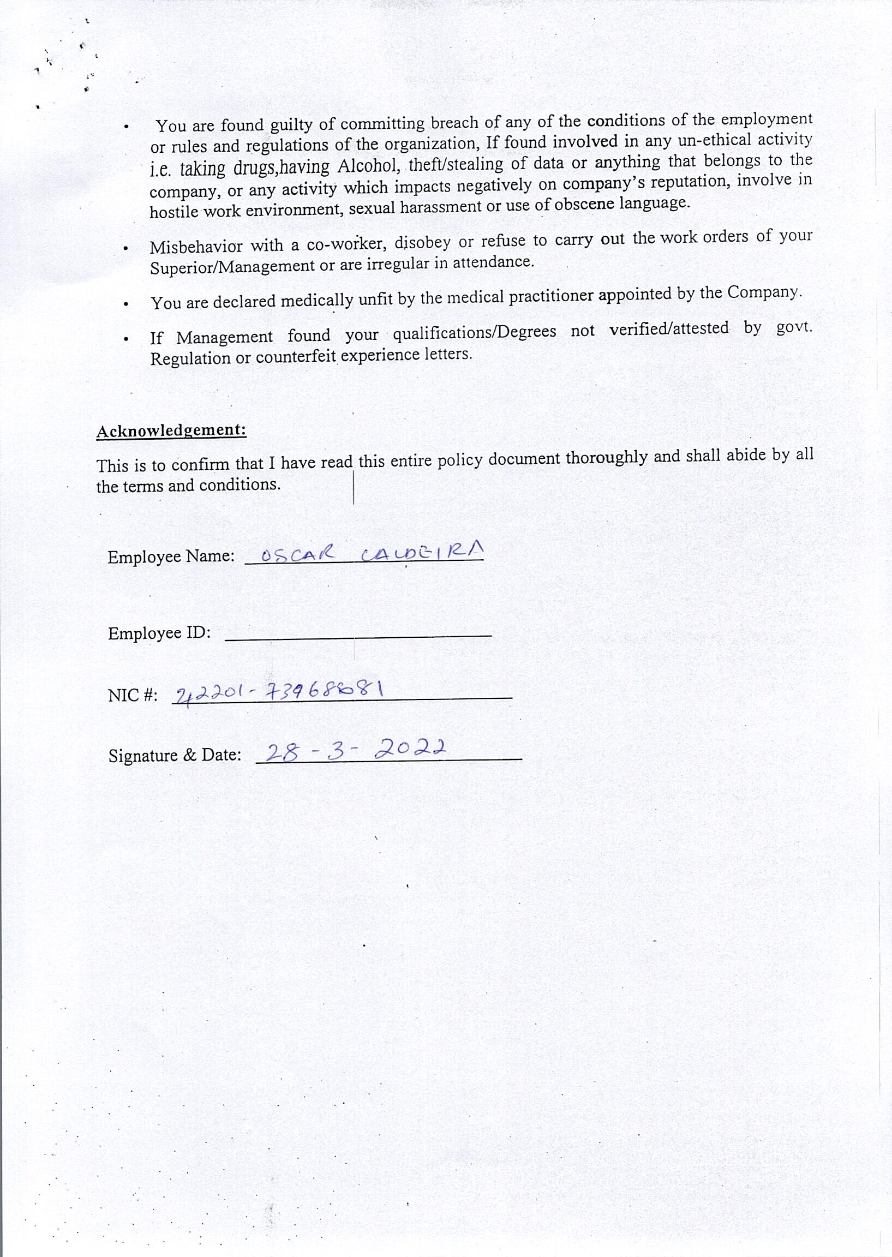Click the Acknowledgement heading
coord(171,430)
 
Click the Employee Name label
coord(171,557)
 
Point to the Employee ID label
coord(159,633)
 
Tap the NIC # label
coord(133,696)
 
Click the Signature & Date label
coord(175,756)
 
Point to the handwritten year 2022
coord(410,748)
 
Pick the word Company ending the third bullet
coord(763,292)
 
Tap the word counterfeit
coord(296,357)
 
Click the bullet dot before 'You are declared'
coord(127,304)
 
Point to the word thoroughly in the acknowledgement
coord(606,458)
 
